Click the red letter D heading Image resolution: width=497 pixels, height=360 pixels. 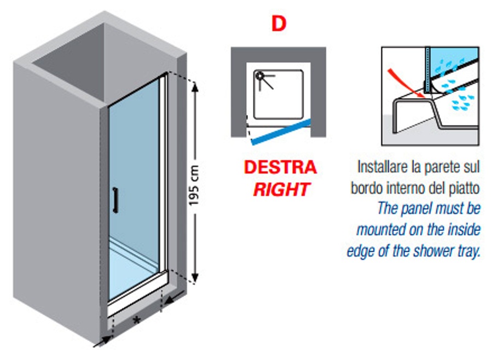point(279,24)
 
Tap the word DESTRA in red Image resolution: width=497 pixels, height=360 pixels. point(280,167)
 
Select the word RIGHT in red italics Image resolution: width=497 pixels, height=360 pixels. point(281,189)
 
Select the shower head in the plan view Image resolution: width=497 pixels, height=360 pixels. point(260,77)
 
